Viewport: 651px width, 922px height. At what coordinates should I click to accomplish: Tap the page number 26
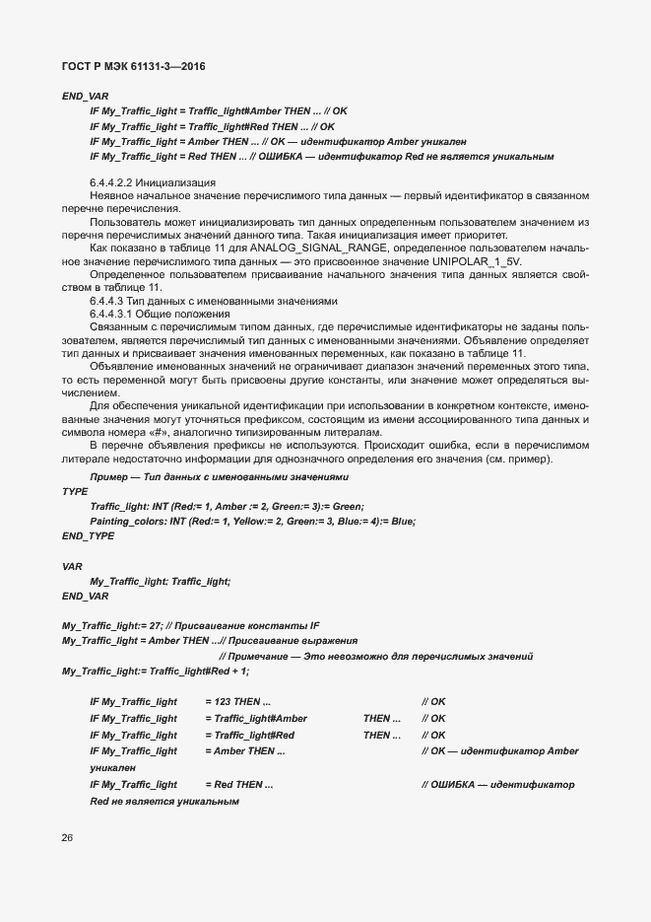point(67,839)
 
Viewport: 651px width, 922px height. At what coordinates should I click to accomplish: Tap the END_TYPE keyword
point(88,535)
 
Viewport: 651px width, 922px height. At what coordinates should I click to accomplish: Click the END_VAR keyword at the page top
point(85,96)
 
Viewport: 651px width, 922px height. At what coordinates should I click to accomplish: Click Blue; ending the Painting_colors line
point(403,521)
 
